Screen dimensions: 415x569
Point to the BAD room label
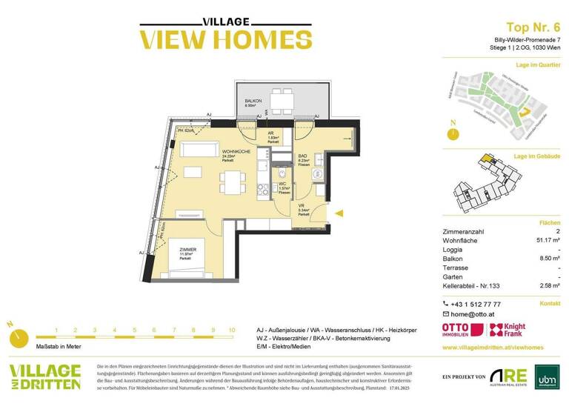302,155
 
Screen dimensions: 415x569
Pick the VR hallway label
302,205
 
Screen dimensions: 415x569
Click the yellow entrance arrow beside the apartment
339,213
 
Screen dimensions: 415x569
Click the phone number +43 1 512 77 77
476,304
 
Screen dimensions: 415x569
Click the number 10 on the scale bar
232,330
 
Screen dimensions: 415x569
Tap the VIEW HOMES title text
215,39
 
